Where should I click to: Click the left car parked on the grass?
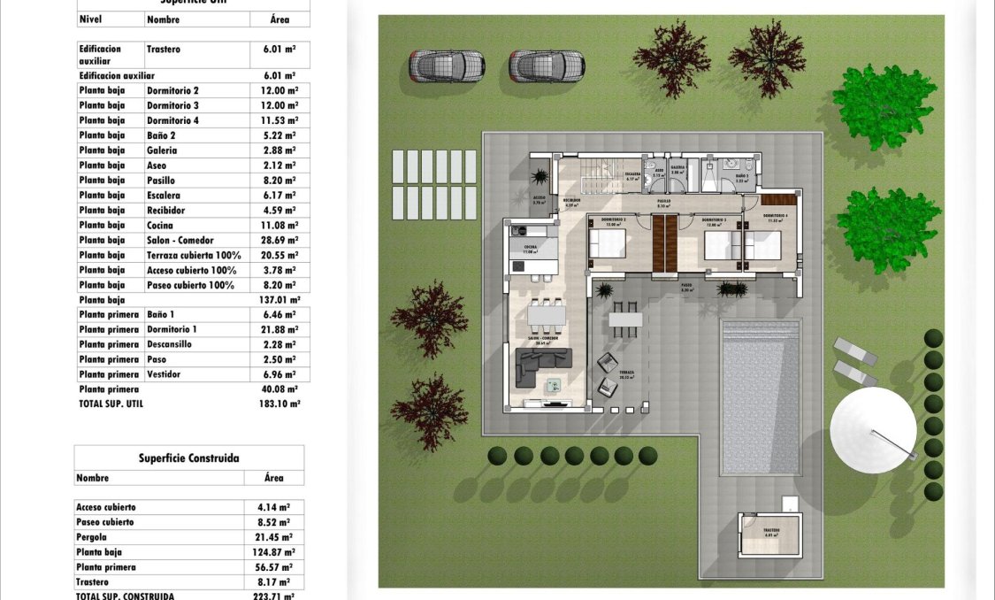(447, 65)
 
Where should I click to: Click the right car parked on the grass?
(547, 65)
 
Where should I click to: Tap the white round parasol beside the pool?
(873, 430)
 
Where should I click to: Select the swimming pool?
(761, 396)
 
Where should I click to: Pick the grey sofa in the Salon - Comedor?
(543, 359)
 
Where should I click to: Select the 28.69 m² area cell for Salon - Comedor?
(280, 241)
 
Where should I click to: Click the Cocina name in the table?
(160, 226)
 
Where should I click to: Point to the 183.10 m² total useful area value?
(281, 404)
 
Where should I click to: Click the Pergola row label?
(92, 537)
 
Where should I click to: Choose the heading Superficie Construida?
(188, 458)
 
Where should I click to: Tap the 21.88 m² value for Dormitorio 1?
(280, 329)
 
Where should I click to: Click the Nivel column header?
(90, 19)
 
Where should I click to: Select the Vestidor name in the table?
(164, 374)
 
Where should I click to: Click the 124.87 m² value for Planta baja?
(273, 552)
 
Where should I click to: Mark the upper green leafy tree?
(884, 106)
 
